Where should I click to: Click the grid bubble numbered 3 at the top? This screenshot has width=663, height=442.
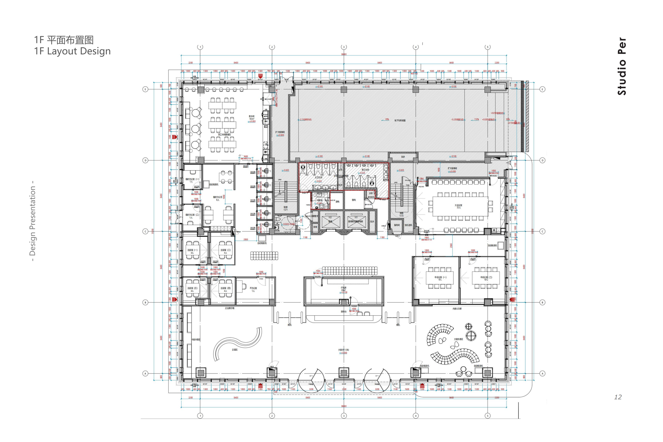344,47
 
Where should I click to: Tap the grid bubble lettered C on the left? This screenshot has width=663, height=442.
145,231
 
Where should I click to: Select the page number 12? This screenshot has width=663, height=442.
618,397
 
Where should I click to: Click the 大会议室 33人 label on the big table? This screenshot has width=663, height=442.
458,206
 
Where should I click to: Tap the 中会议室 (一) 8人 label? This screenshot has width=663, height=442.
440,278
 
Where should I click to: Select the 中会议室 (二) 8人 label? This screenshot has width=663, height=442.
486,278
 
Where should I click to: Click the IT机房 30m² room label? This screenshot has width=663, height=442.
344,289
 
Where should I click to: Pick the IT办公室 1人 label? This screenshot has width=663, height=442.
253,289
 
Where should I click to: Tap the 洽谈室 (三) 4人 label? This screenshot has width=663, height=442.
192,289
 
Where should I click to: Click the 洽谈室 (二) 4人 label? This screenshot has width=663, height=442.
225,251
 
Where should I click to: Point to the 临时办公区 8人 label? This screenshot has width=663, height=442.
218,198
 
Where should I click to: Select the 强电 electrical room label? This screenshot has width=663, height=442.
354,200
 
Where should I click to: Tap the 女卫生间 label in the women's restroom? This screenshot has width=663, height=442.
319,178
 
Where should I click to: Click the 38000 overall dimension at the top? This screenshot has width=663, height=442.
344,54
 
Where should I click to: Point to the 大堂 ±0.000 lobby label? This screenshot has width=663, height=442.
343,351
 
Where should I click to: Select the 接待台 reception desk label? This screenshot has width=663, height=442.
343,312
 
